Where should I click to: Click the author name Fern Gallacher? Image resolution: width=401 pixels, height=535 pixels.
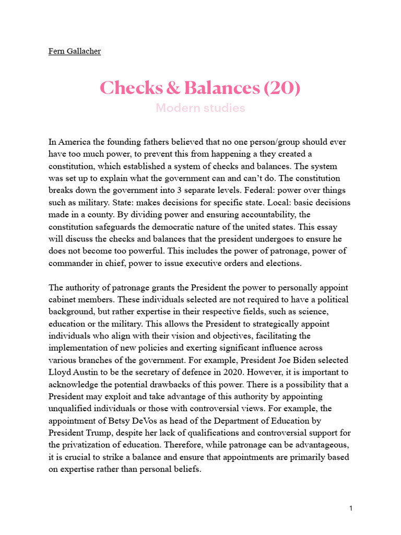tap(74, 51)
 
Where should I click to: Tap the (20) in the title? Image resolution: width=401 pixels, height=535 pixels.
tap(282, 88)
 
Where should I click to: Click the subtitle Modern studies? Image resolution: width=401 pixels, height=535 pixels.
tap(200, 108)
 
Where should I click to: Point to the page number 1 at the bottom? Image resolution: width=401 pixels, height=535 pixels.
tap(351, 508)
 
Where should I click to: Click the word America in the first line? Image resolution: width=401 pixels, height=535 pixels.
tap(76, 142)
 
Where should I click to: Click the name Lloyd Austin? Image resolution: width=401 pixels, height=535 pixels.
tap(73, 373)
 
